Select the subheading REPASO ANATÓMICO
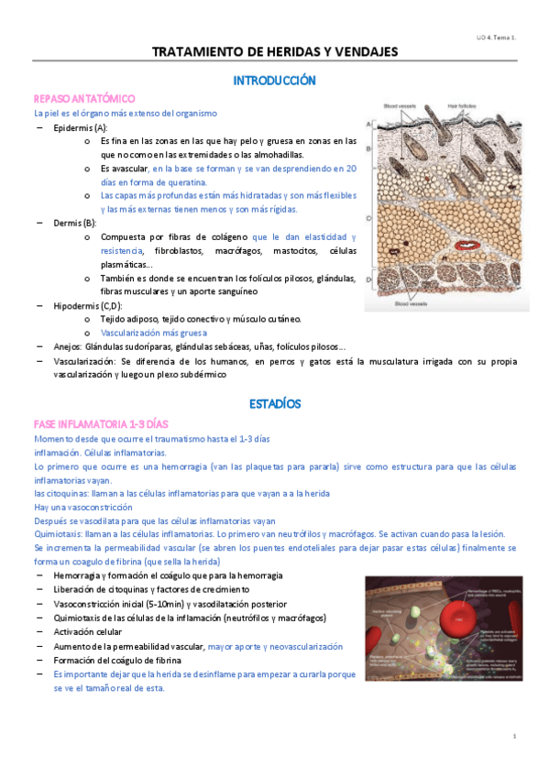click(x=84, y=98)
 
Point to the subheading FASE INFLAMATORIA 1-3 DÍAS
click(x=100, y=424)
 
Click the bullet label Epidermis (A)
click(x=81, y=127)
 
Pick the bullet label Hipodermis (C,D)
click(x=88, y=305)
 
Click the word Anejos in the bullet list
click(x=67, y=346)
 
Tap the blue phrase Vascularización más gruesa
click(x=153, y=333)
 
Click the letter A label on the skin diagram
click(x=368, y=123)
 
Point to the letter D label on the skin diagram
click(x=368, y=279)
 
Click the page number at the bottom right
click(x=514, y=736)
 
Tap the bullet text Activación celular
click(x=97, y=631)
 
